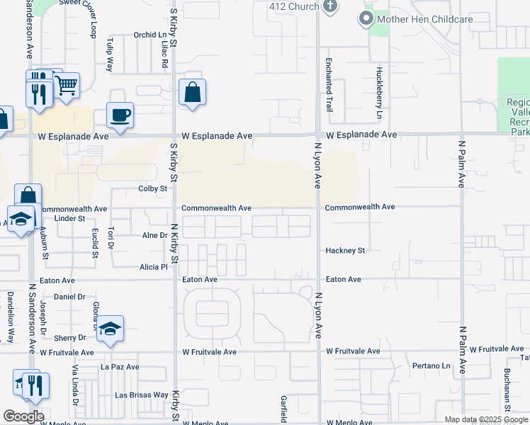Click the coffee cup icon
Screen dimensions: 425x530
(x=120, y=114)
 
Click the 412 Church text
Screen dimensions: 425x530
(x=293, y=6)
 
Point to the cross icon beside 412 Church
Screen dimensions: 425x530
(x=329, y=6)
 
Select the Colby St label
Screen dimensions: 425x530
(x=152, y=189)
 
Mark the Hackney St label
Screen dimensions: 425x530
(x=345, y=251)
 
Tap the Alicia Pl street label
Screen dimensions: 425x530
(x=154, y=267)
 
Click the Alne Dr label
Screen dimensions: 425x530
(x=154, y=235)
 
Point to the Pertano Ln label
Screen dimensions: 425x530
(x=432, y=366)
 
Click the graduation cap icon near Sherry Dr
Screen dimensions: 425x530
(x=110, y=329)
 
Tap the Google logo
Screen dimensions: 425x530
(x=23, y=416)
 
